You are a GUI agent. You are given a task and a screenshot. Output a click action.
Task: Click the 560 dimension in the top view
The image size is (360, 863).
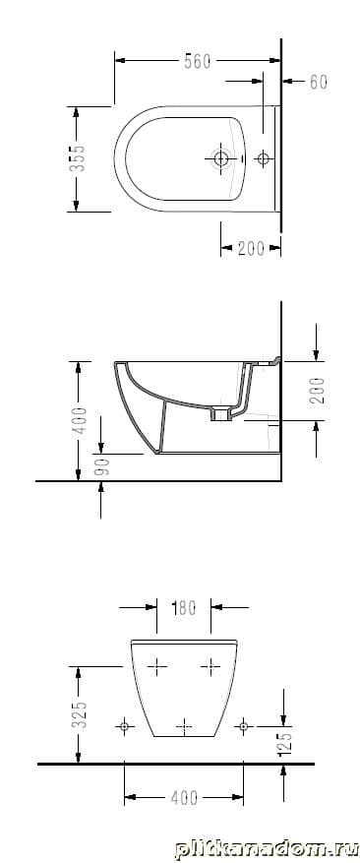197,62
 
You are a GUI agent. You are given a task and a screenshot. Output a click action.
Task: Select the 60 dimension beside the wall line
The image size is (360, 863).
318,82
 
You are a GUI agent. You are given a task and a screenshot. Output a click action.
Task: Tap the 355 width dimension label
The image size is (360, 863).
80,158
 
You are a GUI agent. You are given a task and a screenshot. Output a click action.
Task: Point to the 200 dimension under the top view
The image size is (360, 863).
251,249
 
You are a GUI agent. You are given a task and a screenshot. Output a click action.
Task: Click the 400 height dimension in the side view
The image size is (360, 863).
81,420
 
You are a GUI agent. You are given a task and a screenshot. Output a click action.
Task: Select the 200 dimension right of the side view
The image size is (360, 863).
316,391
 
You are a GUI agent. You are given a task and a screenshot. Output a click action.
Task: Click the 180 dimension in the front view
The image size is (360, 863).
184,608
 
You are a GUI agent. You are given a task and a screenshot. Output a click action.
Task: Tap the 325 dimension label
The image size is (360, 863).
81,713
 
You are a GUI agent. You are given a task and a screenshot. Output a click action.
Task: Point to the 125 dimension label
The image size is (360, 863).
285,743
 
